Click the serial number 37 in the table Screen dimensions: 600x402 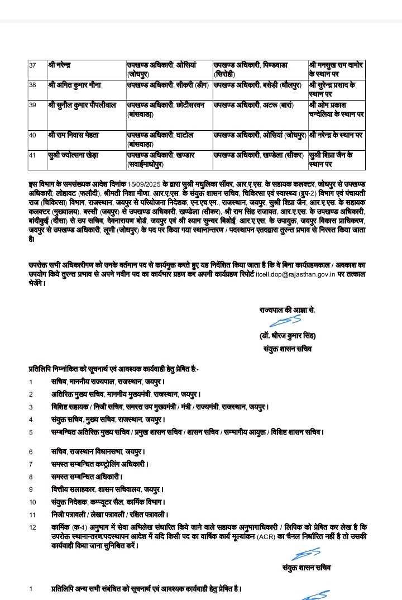[32, 66]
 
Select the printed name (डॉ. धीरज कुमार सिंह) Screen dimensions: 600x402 [288, 336]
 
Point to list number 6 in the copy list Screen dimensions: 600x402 [32, 451]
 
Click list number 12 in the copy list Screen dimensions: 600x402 [32, 527]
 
